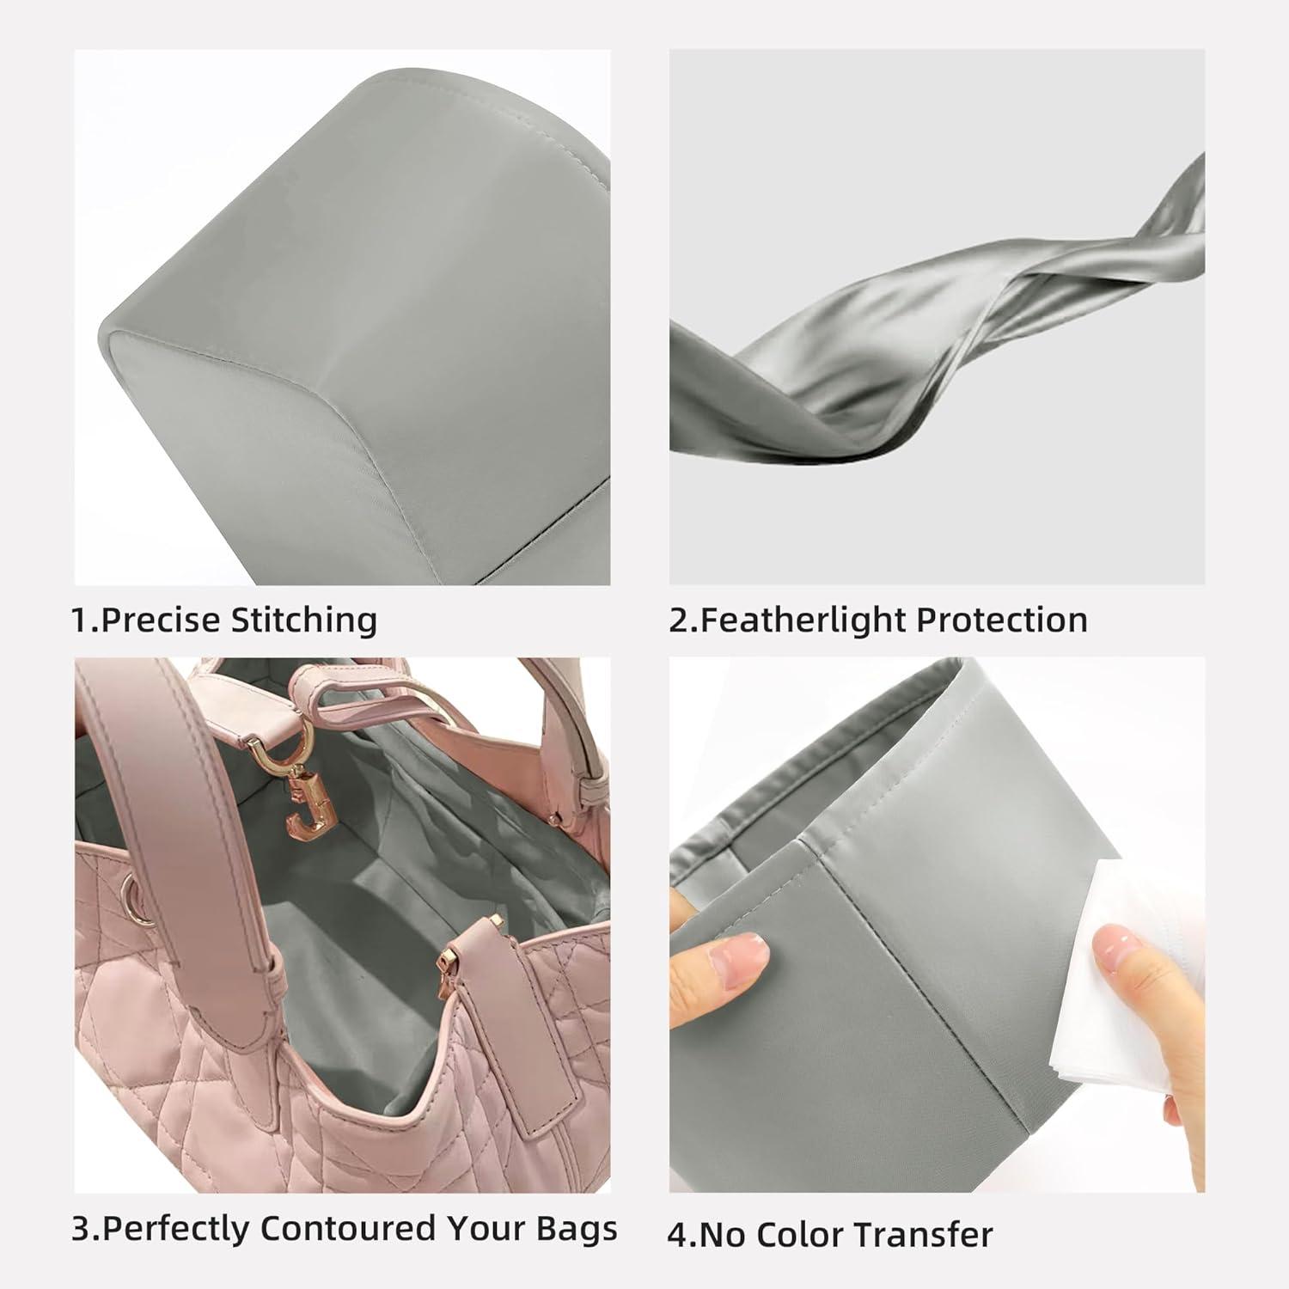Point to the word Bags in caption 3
[x=577, y=1228]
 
